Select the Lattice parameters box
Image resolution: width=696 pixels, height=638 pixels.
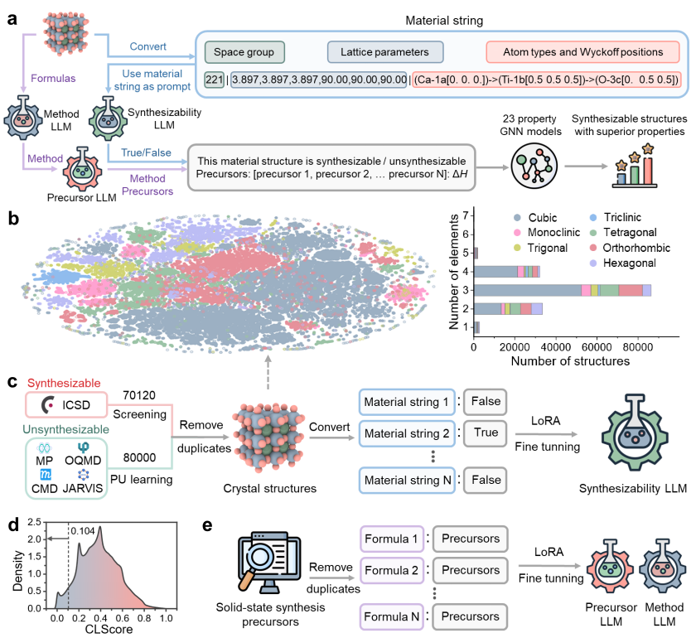pos(384,52)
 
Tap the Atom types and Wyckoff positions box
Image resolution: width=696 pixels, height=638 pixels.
pos(582,52)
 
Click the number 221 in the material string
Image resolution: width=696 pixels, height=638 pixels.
pos(214,80)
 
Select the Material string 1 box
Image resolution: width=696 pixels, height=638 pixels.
pos(406,402)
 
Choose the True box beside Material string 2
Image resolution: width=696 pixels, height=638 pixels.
pos(486,433)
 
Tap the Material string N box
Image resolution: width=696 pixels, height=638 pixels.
pos(406,480)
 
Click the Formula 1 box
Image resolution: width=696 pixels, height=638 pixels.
pos(392,539)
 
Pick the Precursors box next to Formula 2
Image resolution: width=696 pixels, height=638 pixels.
pos(470,570)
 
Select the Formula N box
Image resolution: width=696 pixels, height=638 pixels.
pos(392,616)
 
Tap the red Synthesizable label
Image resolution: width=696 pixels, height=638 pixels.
pos(64,384)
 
